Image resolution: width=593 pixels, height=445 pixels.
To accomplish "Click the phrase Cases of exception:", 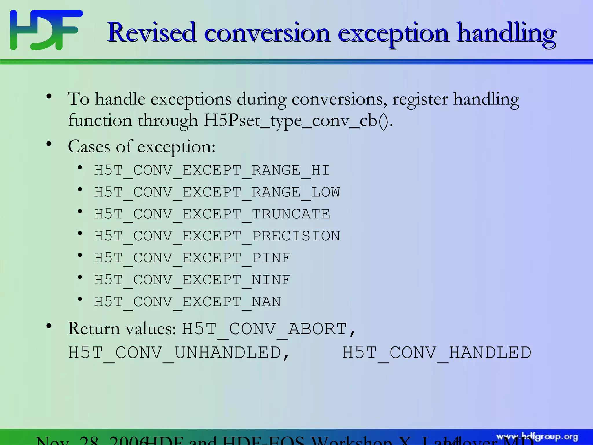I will click(142, 146).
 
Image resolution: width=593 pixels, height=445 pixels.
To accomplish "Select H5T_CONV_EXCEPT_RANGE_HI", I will click(212, 170).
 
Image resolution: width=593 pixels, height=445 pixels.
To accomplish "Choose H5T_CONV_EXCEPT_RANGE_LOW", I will click(217, 192).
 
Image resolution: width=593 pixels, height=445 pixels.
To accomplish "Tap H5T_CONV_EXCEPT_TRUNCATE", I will click(212, 214).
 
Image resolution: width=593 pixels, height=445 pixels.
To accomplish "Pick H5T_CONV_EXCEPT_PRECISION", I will click(217, 236).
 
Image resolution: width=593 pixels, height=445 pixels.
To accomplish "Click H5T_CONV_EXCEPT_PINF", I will click(192, 258).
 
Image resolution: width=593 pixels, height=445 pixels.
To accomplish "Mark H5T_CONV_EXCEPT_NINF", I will click(192, 280).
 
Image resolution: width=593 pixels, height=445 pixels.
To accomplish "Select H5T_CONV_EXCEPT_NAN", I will click(187, 302).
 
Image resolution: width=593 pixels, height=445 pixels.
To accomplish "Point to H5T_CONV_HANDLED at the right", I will click(437, 353).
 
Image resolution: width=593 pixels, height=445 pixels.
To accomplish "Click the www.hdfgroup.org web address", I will click(537, 437).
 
